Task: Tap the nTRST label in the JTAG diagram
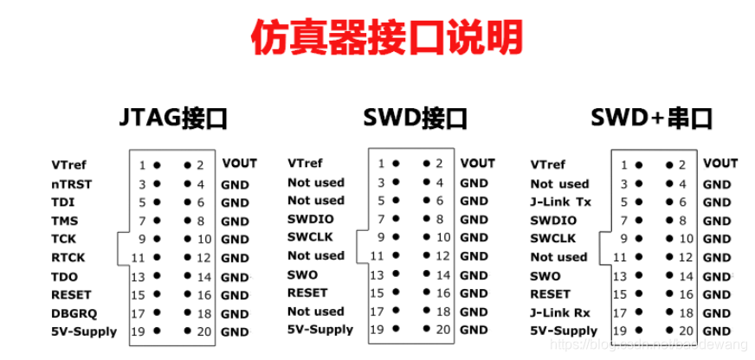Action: point(72,183)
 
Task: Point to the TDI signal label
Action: point(63,202)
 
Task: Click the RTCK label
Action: point(68,257)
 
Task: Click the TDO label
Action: point(65,276)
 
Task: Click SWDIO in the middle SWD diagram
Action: point(311,219)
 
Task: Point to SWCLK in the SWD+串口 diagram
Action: point(553,238)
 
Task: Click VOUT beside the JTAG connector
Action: point(240,163)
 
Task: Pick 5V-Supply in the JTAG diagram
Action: point(84,331)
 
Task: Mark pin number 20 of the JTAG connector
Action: point(204,331)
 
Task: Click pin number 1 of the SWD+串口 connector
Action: point(624,164)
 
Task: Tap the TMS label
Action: point(65,221)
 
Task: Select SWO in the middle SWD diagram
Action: point(303,274)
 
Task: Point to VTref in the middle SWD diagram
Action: point(305,163)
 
